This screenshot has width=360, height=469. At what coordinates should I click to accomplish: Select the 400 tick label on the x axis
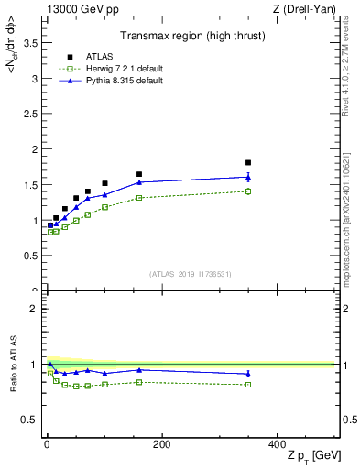[x=277, y=444]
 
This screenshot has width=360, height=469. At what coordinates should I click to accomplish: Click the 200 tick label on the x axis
[x=161, y=444]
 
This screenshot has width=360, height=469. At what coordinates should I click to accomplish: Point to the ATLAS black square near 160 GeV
[x=139, y=174]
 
